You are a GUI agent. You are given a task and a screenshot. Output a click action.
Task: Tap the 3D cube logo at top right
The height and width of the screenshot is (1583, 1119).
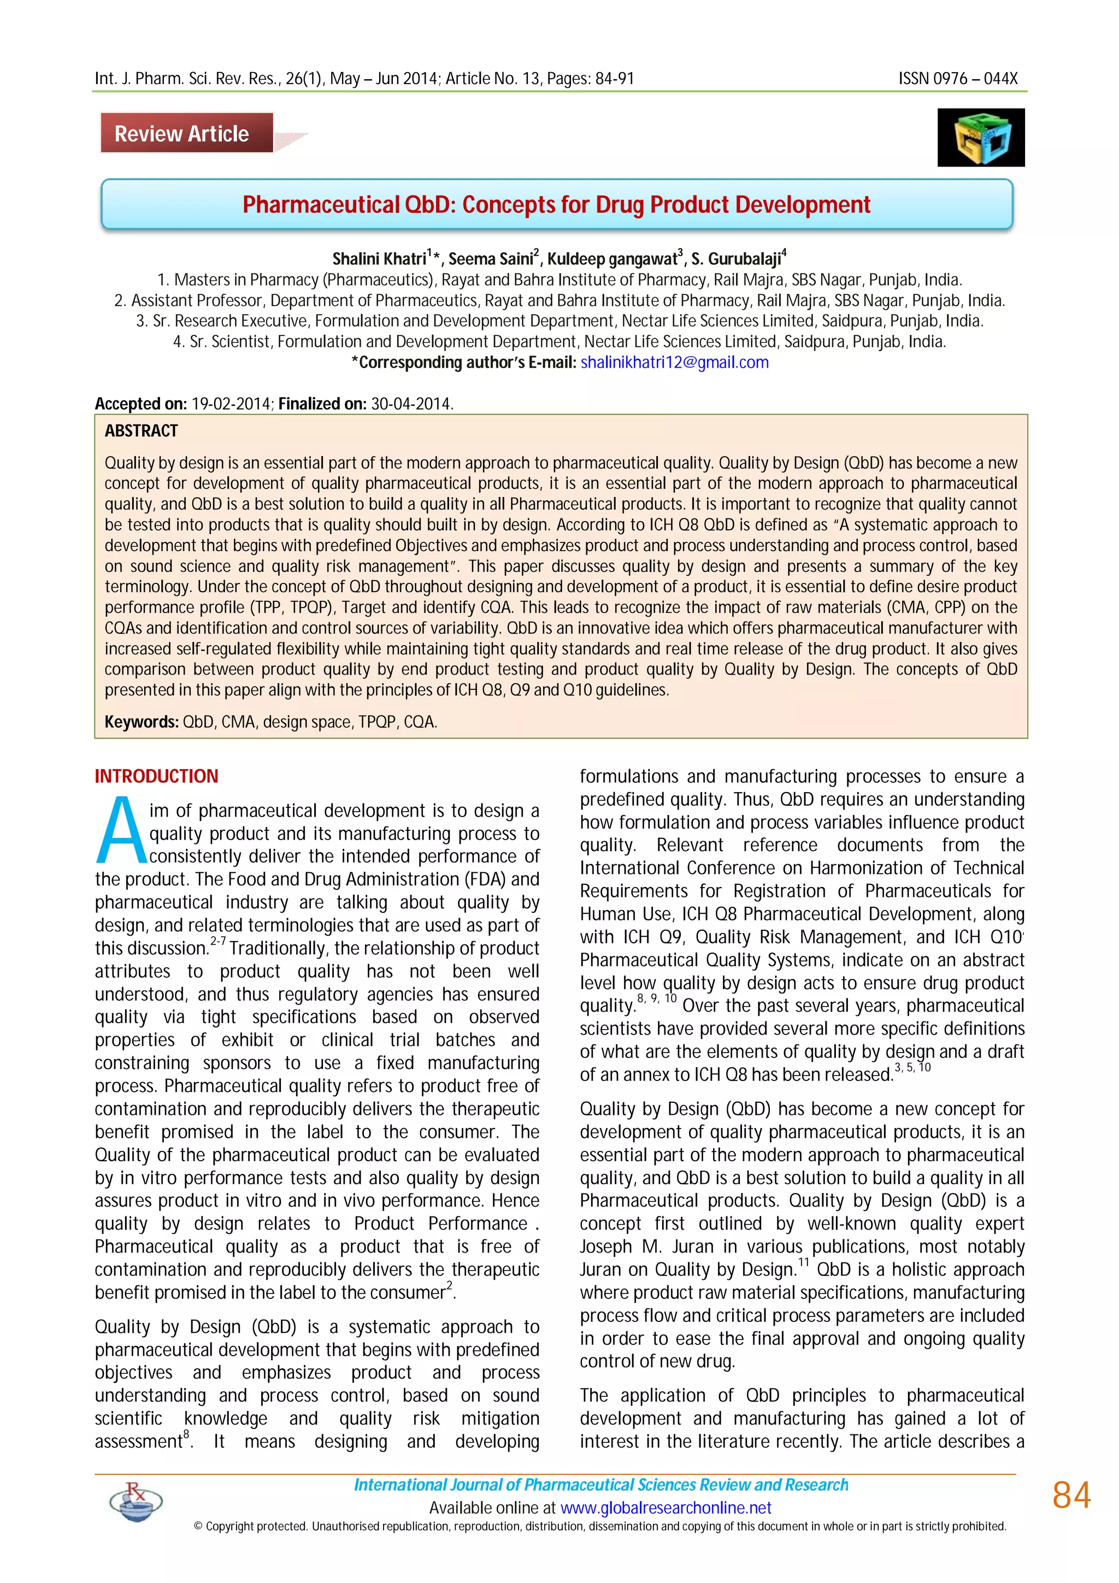[980, 137]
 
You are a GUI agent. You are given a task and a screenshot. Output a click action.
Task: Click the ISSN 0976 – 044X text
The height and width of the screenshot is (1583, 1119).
[958, 79]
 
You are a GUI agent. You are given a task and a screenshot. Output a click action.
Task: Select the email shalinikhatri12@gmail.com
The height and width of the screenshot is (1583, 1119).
[674, 363]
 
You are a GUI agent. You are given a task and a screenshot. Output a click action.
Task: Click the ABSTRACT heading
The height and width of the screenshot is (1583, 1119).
[142, 431]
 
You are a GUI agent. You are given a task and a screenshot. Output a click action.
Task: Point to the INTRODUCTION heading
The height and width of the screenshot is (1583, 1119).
[156, 776]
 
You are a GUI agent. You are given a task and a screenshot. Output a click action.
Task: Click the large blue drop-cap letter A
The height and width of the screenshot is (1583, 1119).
[121, 831]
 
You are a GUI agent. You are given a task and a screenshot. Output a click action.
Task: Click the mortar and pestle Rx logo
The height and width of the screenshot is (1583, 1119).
[137, 1501]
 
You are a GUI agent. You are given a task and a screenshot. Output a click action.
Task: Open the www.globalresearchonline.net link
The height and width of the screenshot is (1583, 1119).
[665, 1508]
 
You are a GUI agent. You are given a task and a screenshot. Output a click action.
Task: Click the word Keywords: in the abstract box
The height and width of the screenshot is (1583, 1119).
[142, 722]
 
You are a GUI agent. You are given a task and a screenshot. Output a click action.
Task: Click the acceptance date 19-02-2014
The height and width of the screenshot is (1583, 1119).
[232, 404]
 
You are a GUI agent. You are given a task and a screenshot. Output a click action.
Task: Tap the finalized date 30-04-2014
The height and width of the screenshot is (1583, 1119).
[411, 404]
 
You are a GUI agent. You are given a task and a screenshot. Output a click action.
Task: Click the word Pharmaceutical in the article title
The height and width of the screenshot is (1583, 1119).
[321, 205]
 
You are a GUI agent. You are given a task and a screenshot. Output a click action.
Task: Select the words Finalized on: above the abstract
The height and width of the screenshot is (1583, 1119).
[322, 404]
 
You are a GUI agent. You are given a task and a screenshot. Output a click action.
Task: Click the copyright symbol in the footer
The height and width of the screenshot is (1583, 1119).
[198, 1526]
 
